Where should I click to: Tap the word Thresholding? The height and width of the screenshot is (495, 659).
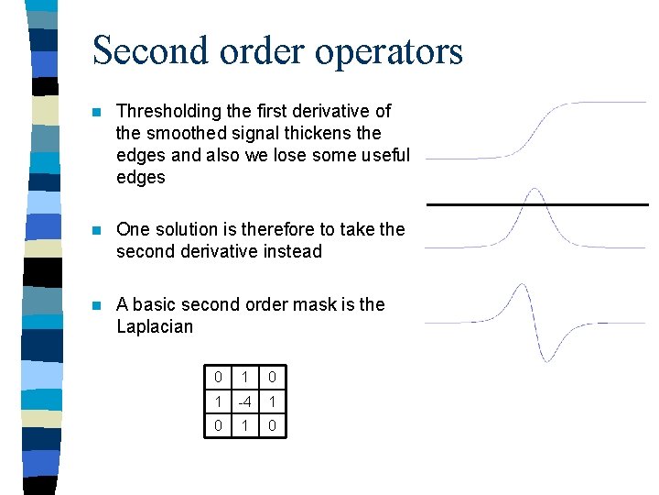point(168,111)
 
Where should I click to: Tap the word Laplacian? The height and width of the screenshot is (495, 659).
point(155,326)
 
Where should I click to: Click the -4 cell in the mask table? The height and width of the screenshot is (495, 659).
point(243,401)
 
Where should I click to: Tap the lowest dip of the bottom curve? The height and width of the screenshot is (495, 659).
point(546,358)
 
